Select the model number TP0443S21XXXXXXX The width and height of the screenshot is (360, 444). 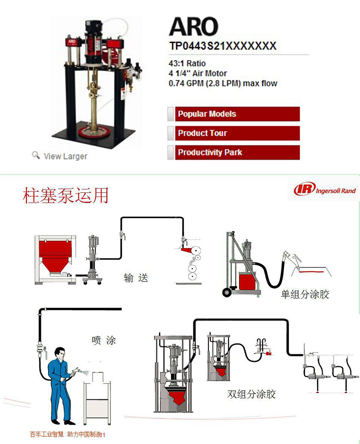[x=223, y=46]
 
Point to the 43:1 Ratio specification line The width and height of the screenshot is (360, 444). [x=187, y=63]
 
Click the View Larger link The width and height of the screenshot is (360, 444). [x=65, y=156]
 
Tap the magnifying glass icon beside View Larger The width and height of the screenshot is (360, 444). [x=36, y=155]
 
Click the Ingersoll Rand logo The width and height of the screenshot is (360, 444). [x=325, y=190]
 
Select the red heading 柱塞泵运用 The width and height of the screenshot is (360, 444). [x=66, y=196]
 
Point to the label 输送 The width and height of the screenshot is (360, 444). [x=136, y=278]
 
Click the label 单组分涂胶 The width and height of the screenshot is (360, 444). [x=305, y=294]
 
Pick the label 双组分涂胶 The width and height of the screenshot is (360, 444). [x=252, y=395]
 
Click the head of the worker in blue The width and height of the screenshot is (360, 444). [x=60, y=353]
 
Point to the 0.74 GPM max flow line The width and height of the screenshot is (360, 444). [x=223, y=83]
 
